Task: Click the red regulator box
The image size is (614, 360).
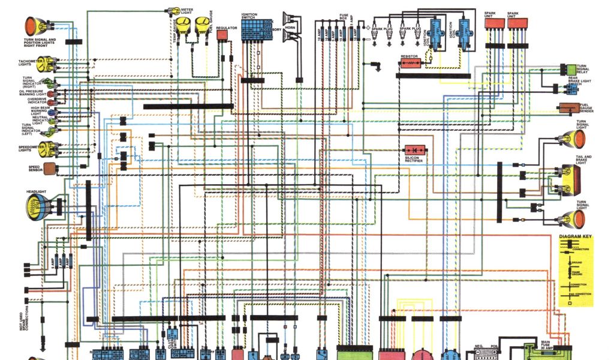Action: tap(223, 35)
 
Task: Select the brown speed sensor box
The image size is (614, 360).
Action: tap(50, 169)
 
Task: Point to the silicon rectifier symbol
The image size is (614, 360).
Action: tap(414, 149)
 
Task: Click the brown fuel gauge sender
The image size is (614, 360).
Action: tap(567, 108)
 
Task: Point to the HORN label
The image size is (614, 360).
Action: tap(290, 28)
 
